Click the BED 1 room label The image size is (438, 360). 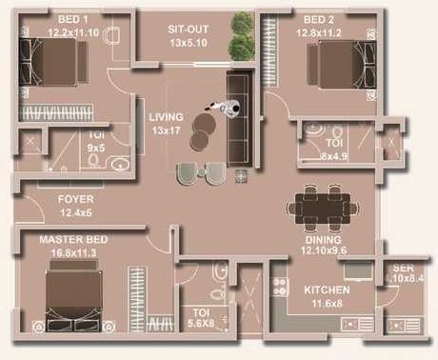pyautogui.click(x=73, y=19)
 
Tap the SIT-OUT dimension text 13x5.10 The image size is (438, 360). pyautogui.click(x=189, y=43)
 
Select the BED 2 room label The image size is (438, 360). pyautogui.click(x=319, y=19)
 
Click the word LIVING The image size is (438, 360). pyautogui.click(x=166, y=117)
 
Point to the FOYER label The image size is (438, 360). pyautogui.click(x=76, y=199)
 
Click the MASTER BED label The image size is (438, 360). pyautogui.click(x=73, y=239)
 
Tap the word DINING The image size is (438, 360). pyautogui.click(x=323, y=239)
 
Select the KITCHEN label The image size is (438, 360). pyautogui.click(x=327, y=290)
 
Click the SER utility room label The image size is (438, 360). pyautogui.click(x=403, y=268)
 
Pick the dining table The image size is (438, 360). pyautogui.click(x=323, y=209)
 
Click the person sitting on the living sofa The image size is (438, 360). pyautogui.click(x=226, y=108)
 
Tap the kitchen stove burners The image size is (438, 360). pyautogui.click(x=280, y=287)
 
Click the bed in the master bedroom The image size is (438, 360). pyautogui.click(x=74, y=297)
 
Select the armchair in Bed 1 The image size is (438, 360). pyautogui.click(x=112, y=34)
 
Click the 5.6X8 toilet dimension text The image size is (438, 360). pyautogui.click(x=201, y=323)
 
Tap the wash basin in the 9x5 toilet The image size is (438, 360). pyautogui.click(x=120, y=165)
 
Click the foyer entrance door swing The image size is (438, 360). pyautogui.click(x=32, y=208)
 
